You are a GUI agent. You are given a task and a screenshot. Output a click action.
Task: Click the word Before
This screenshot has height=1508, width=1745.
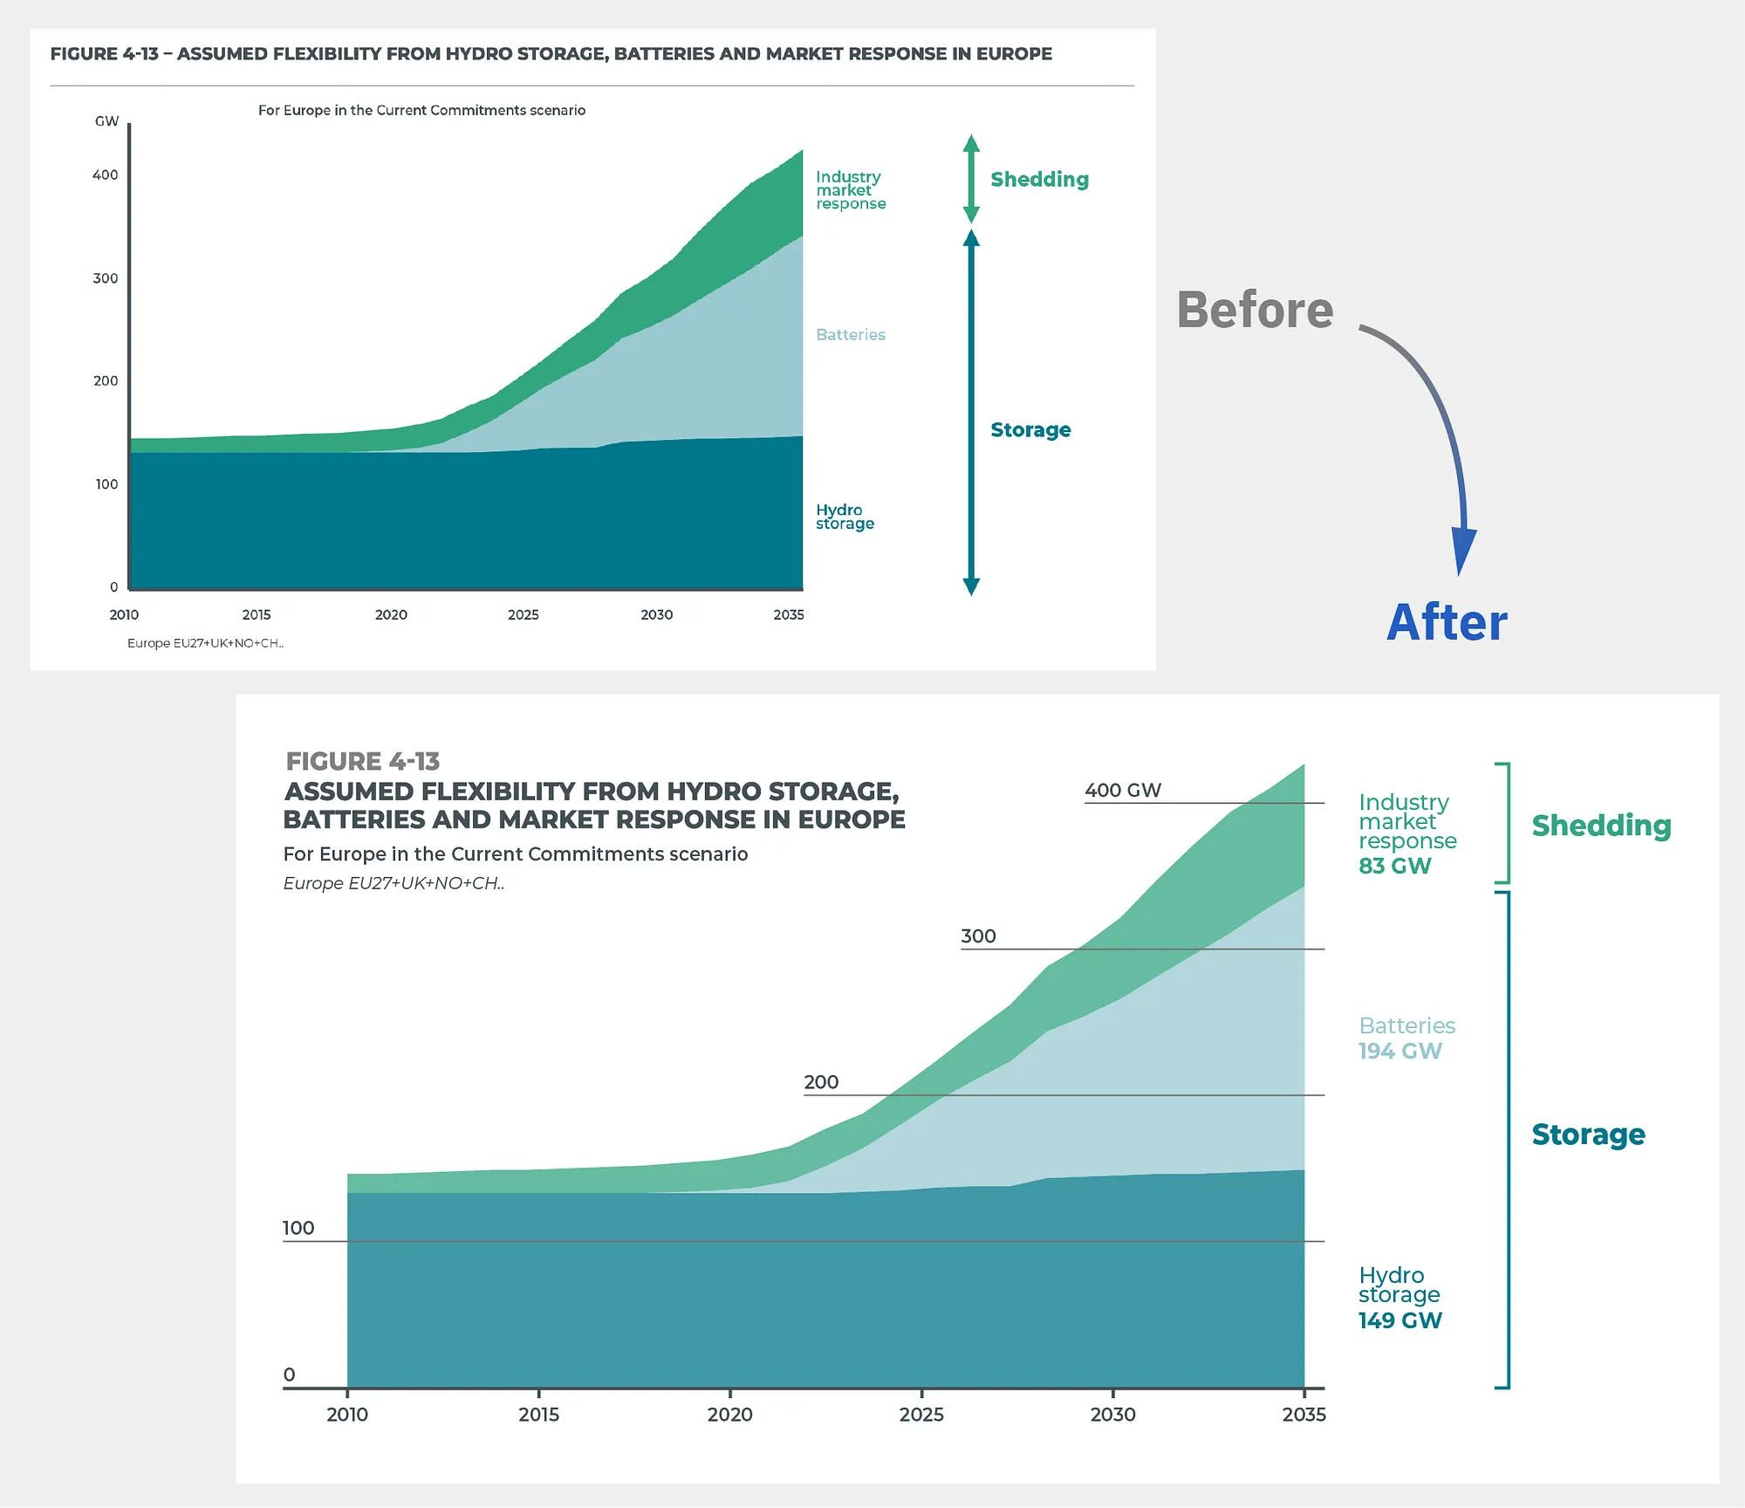tap(1254, 310)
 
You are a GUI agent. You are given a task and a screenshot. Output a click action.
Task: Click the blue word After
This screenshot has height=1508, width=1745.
tap(1447, 623)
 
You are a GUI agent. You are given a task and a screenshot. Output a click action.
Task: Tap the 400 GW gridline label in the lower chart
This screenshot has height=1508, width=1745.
tap(1122, 790)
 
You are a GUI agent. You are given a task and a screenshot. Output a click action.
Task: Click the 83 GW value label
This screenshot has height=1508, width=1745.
tap(1394, 866)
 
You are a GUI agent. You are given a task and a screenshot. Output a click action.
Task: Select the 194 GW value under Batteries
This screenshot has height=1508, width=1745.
tap(1399, 1051)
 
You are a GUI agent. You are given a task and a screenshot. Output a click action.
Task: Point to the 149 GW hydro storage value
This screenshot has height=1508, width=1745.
tap(1399, 1320)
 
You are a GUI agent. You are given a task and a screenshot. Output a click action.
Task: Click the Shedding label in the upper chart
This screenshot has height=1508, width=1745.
tap(1039, 180)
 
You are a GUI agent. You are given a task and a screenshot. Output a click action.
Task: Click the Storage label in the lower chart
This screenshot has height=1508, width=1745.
tap(1588, 1134)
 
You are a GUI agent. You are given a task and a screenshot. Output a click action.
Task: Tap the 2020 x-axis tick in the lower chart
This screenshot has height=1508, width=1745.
tap(729, 1414)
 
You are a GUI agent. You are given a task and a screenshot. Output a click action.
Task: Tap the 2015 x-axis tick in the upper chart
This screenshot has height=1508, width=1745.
tap(257, 614)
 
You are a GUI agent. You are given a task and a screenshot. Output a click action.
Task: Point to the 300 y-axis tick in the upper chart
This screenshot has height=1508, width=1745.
tap(106, 278)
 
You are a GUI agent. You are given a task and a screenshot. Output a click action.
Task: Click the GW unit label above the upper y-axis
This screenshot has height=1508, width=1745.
tap(106, 121)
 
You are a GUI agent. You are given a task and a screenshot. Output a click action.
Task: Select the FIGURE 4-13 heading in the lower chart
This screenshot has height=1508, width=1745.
tap(363, 761)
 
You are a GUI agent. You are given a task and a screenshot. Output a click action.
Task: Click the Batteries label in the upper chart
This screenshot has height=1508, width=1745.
tap(850, 334)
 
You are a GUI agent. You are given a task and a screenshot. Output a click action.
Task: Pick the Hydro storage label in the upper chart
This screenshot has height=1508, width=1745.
tap(844, 517)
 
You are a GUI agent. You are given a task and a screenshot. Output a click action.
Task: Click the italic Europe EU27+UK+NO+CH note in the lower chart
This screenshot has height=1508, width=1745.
tap(393, 883)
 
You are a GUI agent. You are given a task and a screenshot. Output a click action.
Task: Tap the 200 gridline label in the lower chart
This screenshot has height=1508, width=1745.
tap(821, 1082)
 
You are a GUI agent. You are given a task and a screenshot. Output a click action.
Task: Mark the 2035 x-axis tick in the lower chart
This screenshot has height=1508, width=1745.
tap(1304, 1414)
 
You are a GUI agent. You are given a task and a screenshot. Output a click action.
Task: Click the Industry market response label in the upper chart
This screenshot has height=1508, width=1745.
tap(850, 190)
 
